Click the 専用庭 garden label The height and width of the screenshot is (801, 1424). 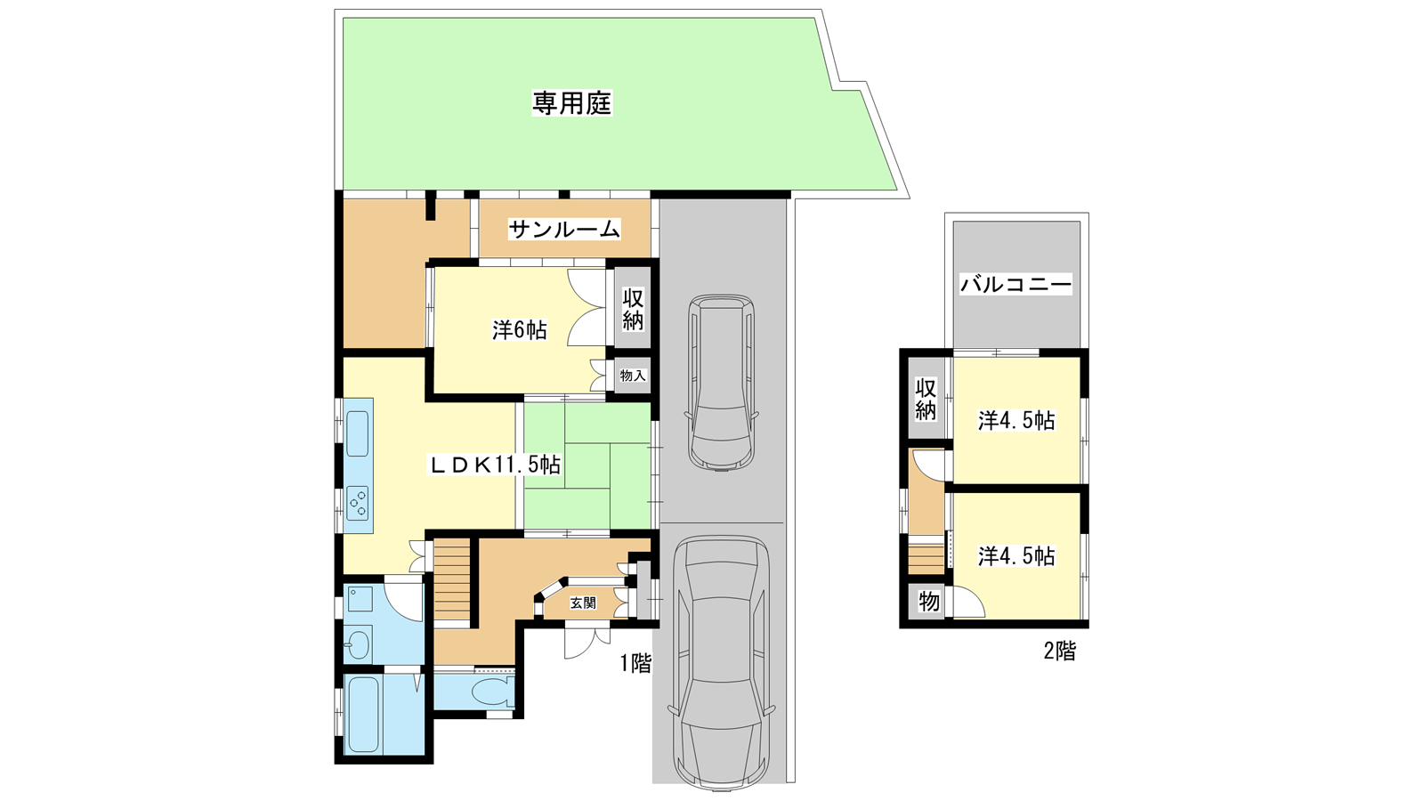point(571,103)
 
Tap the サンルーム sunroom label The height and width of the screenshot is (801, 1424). point(564,230)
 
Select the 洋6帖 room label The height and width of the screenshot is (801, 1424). point(520,330)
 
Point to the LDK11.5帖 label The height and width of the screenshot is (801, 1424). point(495,465)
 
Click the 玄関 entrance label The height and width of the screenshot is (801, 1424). point(582,603)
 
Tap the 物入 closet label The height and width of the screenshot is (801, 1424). point(633,376)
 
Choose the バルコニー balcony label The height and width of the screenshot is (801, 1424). point(1015,284)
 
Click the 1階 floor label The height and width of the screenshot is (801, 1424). point(635,664)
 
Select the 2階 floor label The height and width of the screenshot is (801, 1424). point(1060,651)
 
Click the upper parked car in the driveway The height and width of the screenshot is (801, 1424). point(722,383)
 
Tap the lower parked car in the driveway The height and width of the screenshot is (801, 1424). point(722,664)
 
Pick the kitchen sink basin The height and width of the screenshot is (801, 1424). point(357,433)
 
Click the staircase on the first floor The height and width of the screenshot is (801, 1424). point(452,579)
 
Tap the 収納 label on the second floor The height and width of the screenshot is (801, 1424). point(926,400)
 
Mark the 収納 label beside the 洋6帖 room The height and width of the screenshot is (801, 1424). point(633,309)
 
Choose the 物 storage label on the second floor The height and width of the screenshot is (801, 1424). point(929,601)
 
